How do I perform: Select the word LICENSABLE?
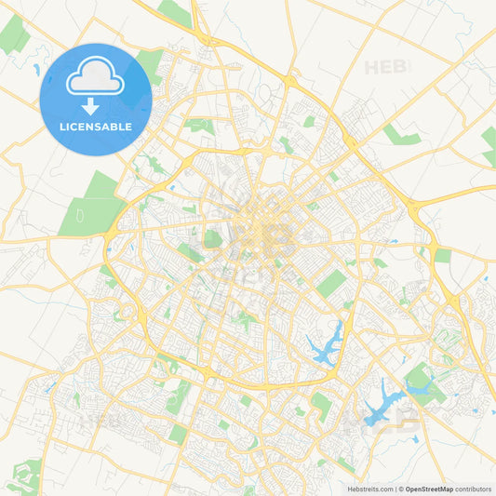click(x=96, y=127)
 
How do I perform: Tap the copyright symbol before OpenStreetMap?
click(x=401, y=489)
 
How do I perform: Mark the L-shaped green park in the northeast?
click(x=400, y=136)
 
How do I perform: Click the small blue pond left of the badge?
click(x=36, y=70)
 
